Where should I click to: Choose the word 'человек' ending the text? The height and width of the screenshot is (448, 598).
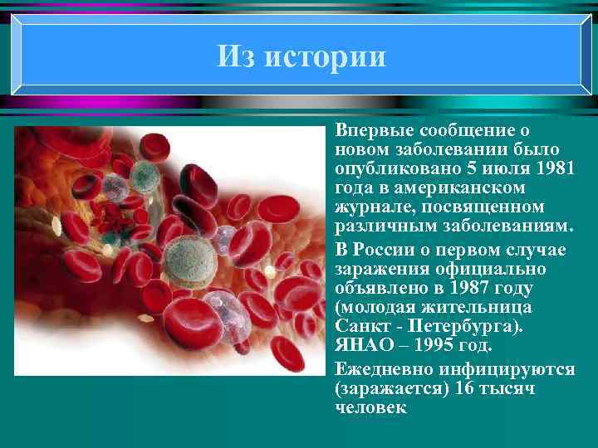(x=370, y=407)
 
